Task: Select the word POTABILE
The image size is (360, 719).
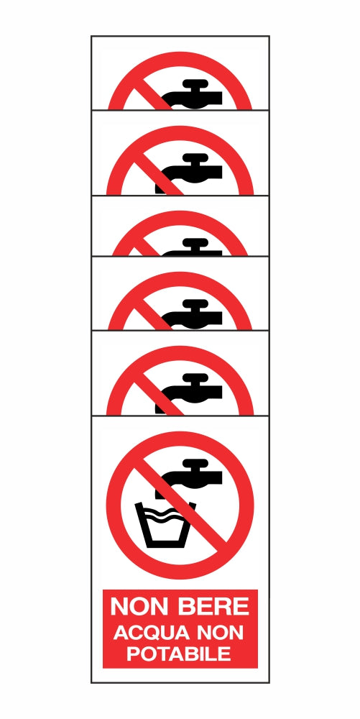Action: pos(180,654)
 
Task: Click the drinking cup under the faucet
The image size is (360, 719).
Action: pos(166,526)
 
